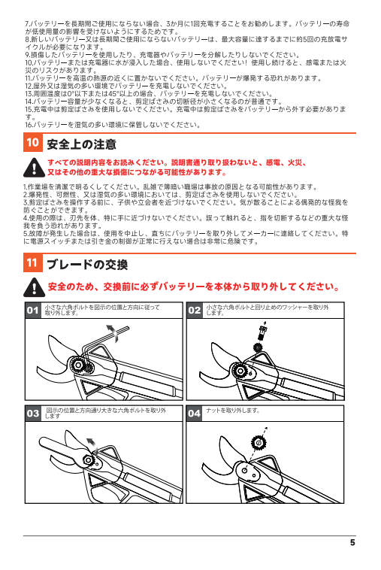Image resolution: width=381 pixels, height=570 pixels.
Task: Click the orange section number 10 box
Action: [x=32, y=143]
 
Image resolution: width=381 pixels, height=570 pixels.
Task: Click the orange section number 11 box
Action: [x=32, y=263]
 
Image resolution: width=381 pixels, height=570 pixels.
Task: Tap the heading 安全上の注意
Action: [x=81, y=144]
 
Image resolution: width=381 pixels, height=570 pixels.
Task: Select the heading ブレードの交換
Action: [x=87, y=264]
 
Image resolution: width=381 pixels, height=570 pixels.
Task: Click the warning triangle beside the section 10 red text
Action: [x=34, y=167]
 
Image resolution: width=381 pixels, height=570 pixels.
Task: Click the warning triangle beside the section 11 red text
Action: [x=34, y=287]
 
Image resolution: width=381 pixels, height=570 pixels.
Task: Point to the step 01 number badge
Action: [x=33, y=310]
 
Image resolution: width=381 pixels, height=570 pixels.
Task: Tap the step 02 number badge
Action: [x=195, y=310]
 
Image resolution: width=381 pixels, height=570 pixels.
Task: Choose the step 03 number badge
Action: [x=33, y=414]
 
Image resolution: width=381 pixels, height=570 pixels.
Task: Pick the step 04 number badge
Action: [x=195, y=414]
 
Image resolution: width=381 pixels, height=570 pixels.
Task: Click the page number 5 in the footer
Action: [x=352, y=542]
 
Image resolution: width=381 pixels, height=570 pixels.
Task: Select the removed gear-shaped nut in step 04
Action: [x=259, y=443]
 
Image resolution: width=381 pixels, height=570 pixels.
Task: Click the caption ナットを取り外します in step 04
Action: [x=233, y=411]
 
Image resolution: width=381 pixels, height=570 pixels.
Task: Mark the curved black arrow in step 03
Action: [x=92, y=444]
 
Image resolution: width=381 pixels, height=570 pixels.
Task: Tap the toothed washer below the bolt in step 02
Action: [x=258, y=347]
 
